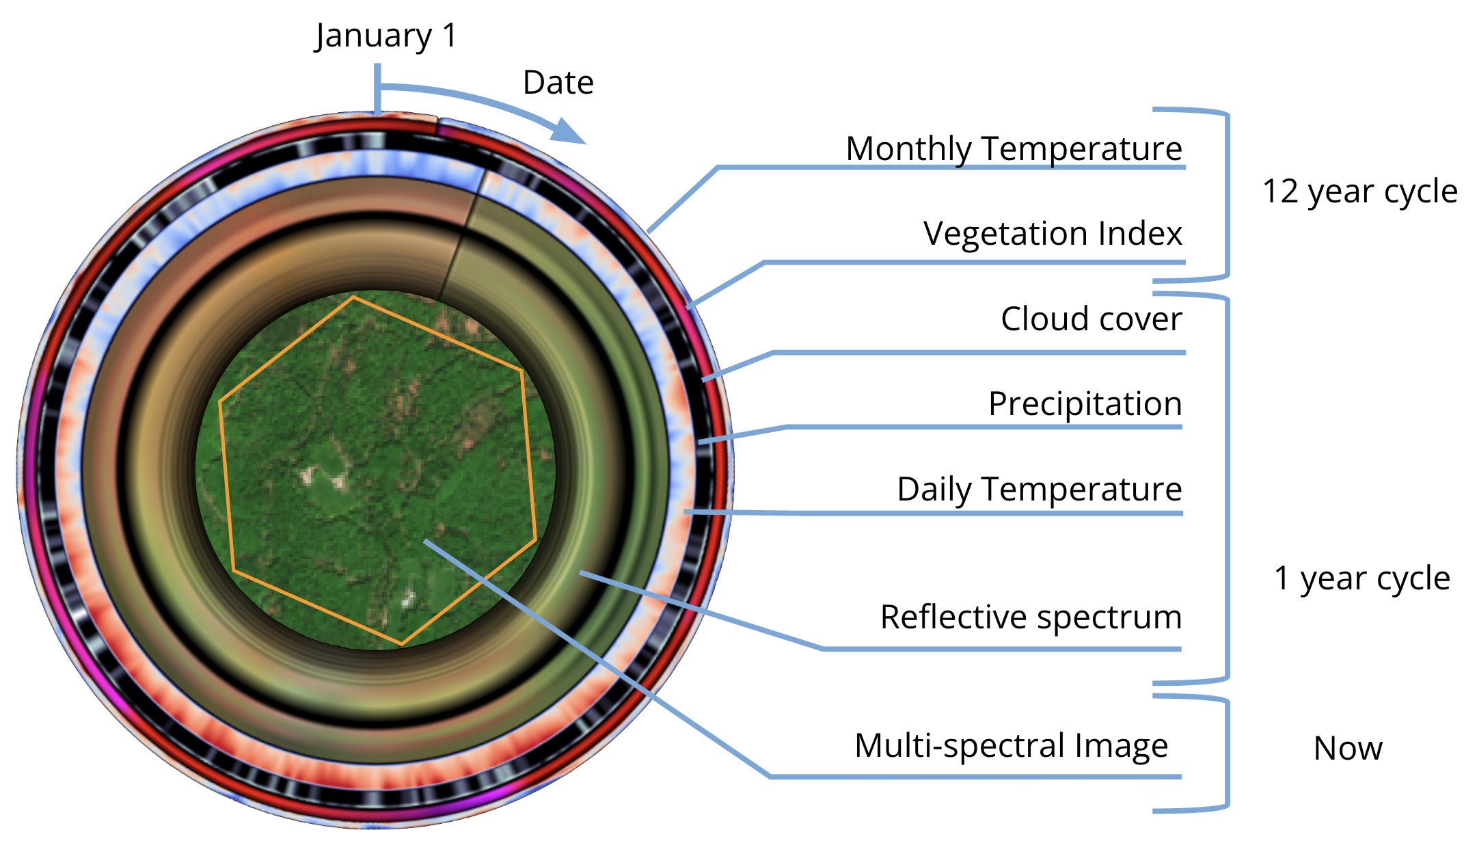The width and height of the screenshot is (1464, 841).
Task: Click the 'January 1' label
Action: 386,36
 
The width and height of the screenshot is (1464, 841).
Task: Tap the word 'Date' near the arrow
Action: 558,83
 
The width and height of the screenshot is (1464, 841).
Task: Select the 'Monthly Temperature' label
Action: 1014,149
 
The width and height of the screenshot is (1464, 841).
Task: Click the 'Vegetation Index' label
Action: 1052,234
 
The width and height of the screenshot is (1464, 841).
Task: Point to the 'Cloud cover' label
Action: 1091,319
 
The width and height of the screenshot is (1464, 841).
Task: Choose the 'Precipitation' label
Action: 1085,404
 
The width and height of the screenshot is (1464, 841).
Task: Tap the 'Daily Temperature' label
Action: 1039,490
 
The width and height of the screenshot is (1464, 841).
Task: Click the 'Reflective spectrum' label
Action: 1031,617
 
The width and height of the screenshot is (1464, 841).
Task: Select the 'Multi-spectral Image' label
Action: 1011,746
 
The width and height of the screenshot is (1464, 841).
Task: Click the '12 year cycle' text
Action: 1359,192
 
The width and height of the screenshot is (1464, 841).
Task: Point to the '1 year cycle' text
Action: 1361,579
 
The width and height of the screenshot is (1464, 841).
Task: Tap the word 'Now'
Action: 1348,749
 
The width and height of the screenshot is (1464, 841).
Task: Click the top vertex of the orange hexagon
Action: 353,297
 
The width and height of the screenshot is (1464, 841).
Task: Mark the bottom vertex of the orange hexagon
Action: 402,644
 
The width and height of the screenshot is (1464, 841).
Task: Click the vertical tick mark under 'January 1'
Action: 377,89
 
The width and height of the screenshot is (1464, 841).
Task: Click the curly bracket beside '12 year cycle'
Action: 1227,194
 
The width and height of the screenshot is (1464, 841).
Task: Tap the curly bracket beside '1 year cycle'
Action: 1227,488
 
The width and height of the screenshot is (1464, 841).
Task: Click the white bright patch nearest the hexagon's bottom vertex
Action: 407,600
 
